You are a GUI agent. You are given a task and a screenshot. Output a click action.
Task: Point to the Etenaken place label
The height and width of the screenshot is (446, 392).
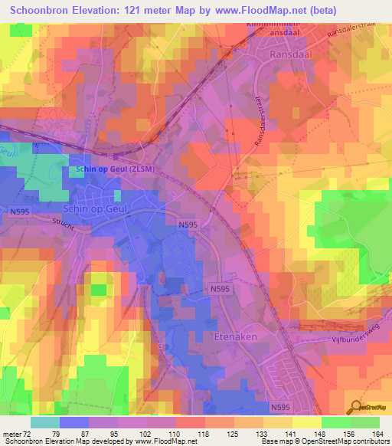click(x=237, y=336)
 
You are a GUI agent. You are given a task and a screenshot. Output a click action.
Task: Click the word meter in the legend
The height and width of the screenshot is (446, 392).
click(x=12, y=435)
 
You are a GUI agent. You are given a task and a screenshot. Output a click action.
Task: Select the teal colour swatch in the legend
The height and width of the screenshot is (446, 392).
click(x=44, y=422)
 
